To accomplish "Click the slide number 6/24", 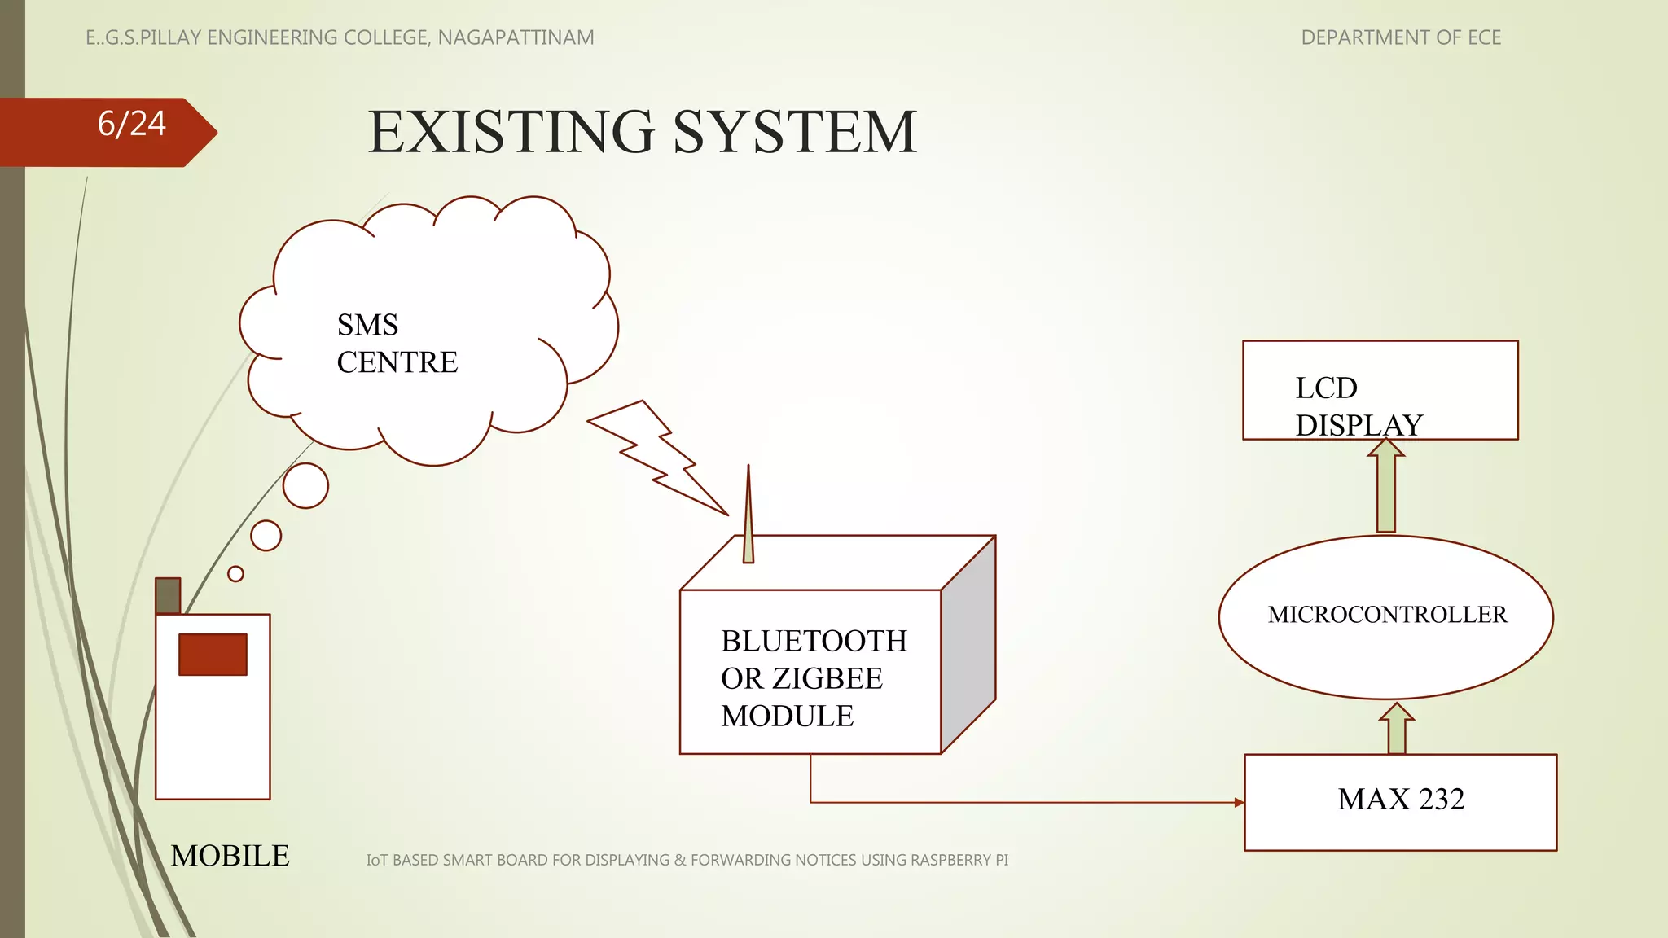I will coord(131,125).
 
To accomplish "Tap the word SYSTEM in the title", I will coord(795,132).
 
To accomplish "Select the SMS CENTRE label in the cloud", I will coord(397,344).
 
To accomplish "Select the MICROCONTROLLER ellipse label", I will coord(1387,615).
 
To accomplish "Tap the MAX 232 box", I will coord(1401,801).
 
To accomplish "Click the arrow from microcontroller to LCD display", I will coord(1386,486).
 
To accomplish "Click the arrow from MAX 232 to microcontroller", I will coord(1397,728).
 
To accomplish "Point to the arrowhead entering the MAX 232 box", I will coord(1239,803).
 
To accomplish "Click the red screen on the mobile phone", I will coord(213,655).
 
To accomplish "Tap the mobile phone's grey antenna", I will coord(168,595).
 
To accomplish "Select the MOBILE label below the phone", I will coord(230,856).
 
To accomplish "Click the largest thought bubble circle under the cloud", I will coord(305,486).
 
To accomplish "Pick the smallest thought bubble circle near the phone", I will coord(236,574).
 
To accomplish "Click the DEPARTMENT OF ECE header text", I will coord(1401,37).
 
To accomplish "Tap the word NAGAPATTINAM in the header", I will coord(516,37).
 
